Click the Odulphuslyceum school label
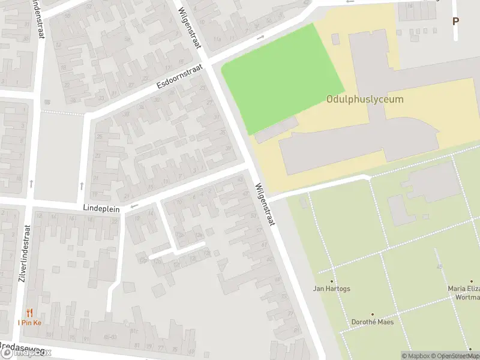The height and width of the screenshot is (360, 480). coord(365,100)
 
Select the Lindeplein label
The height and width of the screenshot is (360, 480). coord(102,209)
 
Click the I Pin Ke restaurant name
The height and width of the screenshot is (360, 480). coord(29,323)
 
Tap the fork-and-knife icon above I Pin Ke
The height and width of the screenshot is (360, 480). coord(29,312)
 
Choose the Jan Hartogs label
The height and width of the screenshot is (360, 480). coord(332,289)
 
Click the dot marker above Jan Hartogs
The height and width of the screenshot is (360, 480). coord(332,281)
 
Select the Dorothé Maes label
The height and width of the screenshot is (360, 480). coord(371,322)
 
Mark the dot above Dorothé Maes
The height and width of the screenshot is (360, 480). coord(371,314)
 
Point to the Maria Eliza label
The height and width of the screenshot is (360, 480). coord(464,289)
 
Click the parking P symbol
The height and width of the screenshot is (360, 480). coord(455,21)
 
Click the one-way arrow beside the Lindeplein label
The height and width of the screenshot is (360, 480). coord(134,206)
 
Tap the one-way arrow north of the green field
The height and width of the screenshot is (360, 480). coord(260,37)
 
